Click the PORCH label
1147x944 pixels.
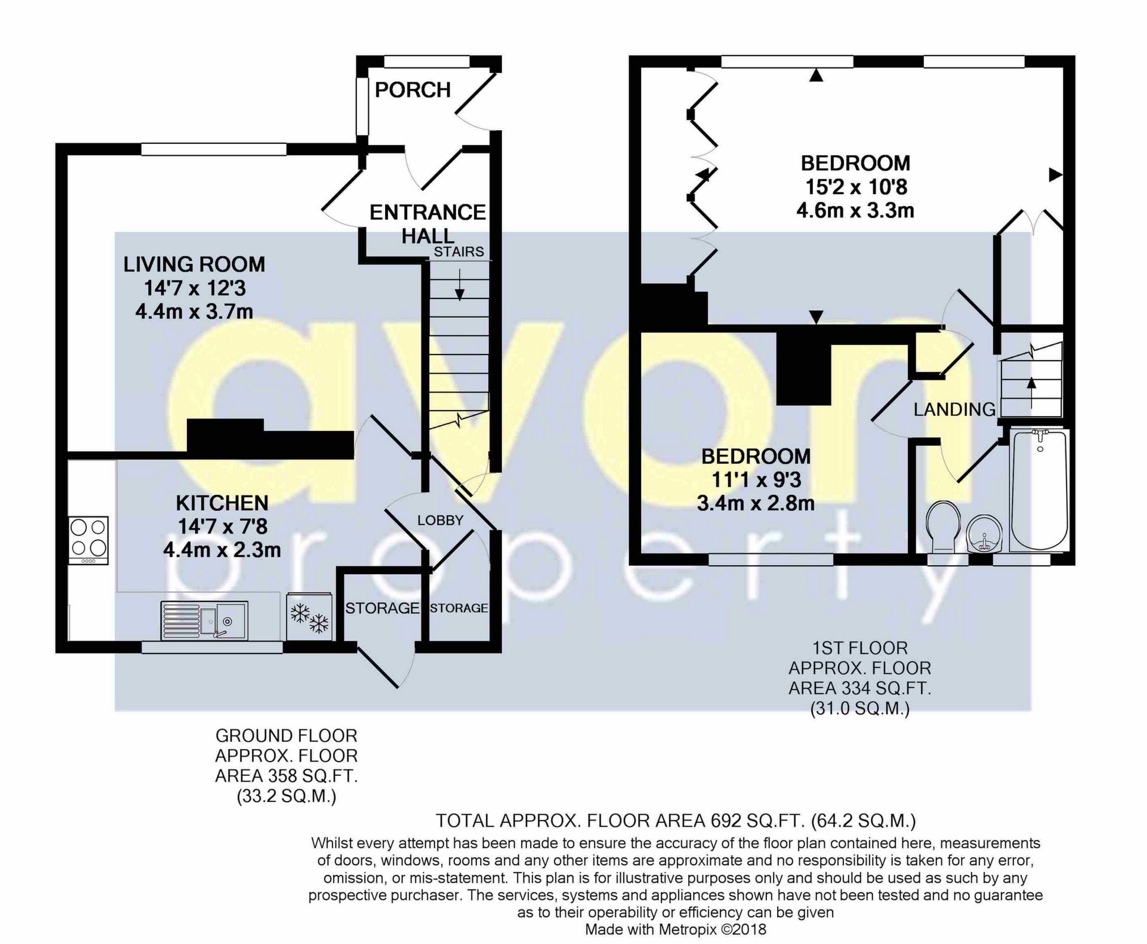pyautogui.click(x=412, y=89)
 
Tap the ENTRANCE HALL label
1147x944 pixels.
pyautogui.click(x=428, y=224)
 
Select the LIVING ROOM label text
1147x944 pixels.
pyautogui.click(x=194, y=264)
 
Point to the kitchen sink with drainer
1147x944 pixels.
pyautogui.click(x=204, y=621)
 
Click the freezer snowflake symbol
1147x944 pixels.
pyautogui.click(x=309, y=617)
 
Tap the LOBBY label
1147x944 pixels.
pyautogui.click(x=440, y=520)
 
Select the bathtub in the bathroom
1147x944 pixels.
pyautogui.click(x=1039, y=490)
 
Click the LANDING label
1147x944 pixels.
pyautogui.click(x=954, y=409)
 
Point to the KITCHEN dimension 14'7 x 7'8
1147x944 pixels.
pyautogui.click(x=223, y=527)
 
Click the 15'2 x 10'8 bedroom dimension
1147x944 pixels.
pyautogui.click(x=855, y=186)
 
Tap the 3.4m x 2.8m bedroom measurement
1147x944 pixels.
pyautogui.click(x=756, y=503)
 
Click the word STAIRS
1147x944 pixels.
pyautogui.click(x=459, y=251)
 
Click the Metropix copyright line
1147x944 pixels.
pyautogui.click(x=675, y=929)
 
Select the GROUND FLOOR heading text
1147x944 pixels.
pyautogui.click(x=286, y=736)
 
